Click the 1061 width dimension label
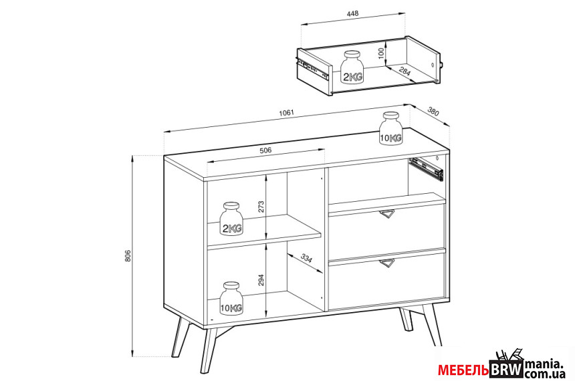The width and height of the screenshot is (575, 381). point(287,112)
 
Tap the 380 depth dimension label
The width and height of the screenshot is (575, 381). point(433,112)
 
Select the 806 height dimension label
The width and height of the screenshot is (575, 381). point(128,256)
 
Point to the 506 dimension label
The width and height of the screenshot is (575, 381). point(265,150)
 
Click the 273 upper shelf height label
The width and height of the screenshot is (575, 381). point(261,207)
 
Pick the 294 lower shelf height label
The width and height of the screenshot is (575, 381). point(261,281)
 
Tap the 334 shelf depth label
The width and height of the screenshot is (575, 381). point(306,258)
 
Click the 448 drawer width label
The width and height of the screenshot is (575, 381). point(352,13)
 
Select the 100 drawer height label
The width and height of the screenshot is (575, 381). point(380,53)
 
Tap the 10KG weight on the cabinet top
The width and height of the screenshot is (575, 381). point(390,128)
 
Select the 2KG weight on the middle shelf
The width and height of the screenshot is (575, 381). point(231,219)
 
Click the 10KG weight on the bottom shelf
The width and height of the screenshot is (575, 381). point(231,298)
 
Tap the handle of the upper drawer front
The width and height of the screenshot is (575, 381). point(387,215)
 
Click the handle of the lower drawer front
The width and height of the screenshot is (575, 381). point(387,263)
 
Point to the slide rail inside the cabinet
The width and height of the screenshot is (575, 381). point(426,168)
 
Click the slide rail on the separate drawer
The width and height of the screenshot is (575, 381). point(313,68)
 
